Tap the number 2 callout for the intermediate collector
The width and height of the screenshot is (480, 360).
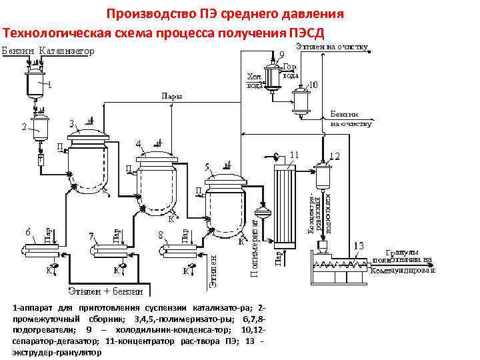pos(24,126)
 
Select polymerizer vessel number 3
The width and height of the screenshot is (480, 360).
pos(88,163)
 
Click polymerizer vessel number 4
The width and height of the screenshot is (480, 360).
pos(155,181)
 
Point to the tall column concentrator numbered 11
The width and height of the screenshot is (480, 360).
pos(282,207)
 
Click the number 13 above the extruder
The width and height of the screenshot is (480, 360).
pos(359,246)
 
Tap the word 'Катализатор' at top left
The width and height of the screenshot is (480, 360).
pos(65,51)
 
